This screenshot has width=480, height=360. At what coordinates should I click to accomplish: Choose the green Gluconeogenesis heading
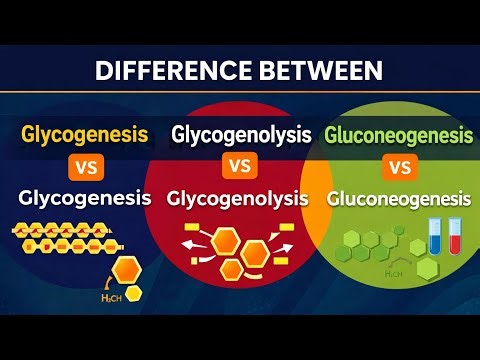click(x=399, y=133)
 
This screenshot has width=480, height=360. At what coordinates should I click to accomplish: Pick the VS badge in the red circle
click(x=237, y=165)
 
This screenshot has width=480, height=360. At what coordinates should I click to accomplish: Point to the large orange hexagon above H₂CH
click(x=127, y=269)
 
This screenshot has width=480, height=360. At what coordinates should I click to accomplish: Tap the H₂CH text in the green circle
click(x=369, y=273)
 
